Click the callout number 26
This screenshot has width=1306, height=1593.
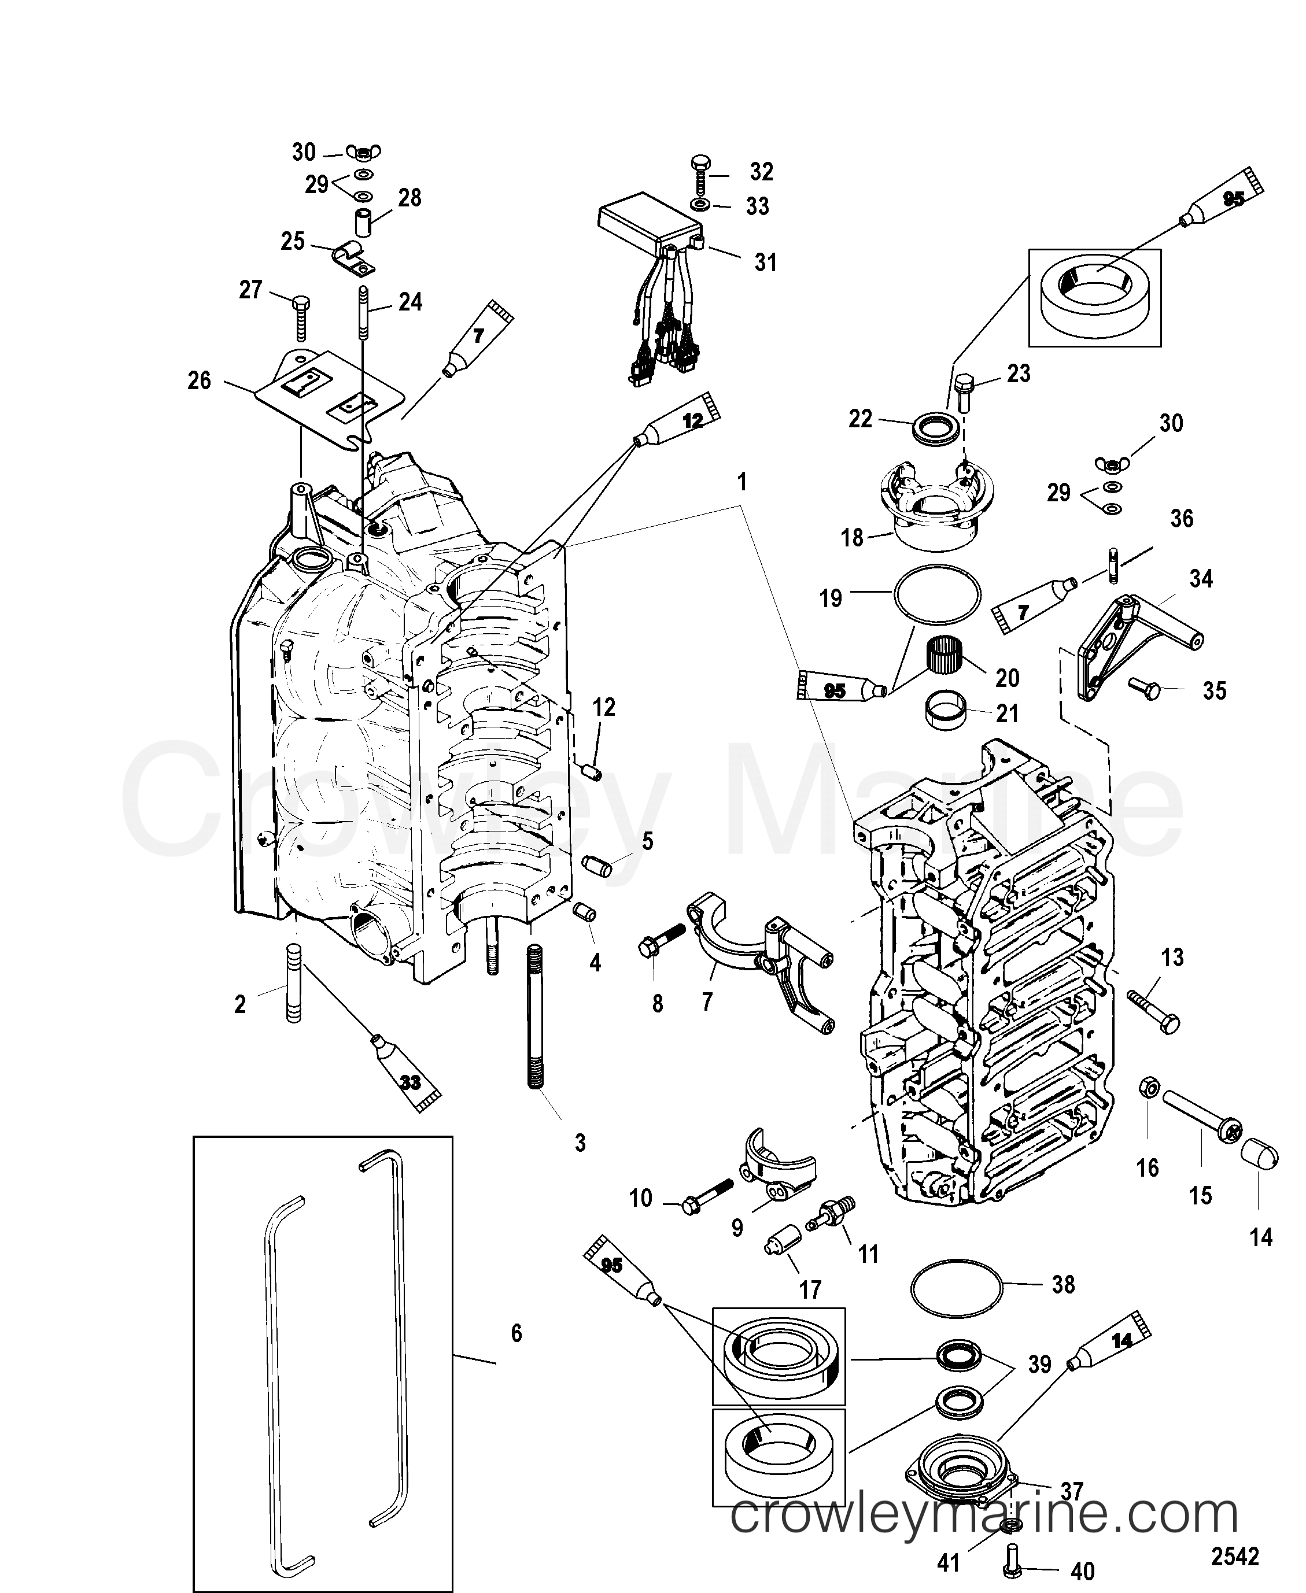(200, 380)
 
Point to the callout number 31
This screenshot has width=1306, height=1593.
(765, 263)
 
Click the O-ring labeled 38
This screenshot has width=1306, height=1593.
(956, 1288)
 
